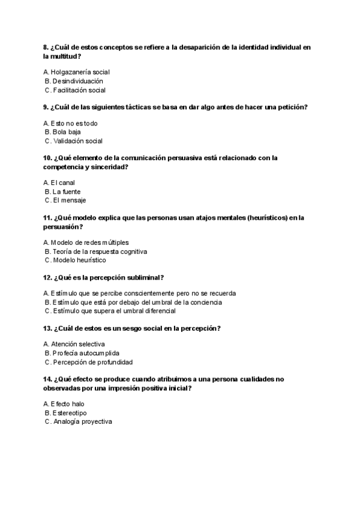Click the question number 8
pyautogui.click(x=46, y=47)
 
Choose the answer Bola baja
pyautogui.click(x=67, y=132)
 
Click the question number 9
pyautogui.click(x=46, y=107)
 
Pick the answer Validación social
pyautogui.click(x=77, y=141)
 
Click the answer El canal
pyautogui.click(x=63, y=182)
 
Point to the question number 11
pyautogui.click(x=48, y=217)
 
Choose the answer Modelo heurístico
pyautogui.click(x=79, y=261)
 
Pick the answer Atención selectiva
pyautogui.click(x=78, y=344)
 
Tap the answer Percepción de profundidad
pyautogui.click(x=92, y=362)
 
